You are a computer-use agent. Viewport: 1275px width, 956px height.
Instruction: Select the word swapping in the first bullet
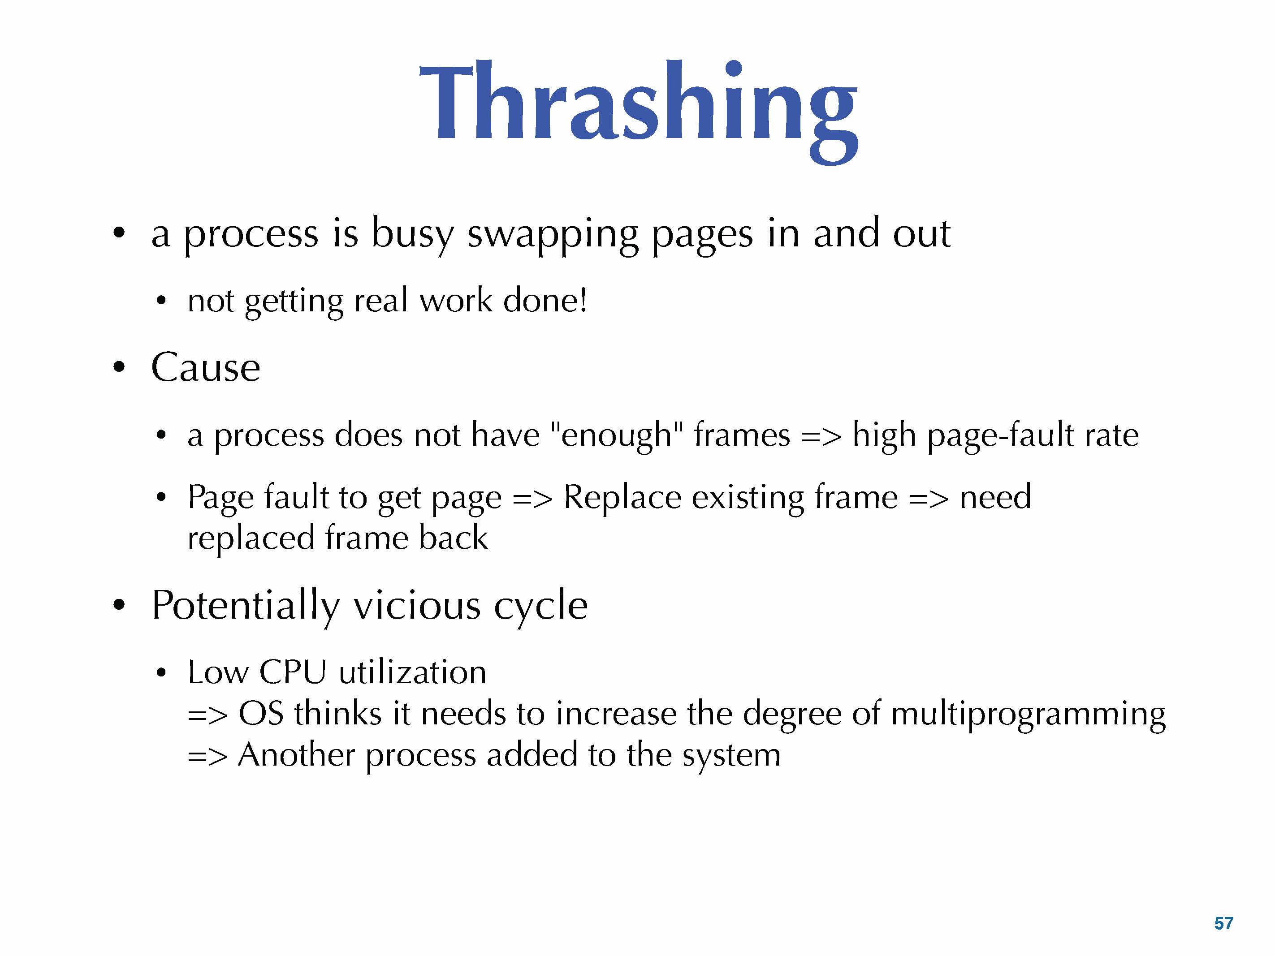click(552, 235)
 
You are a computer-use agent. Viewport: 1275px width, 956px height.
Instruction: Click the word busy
click(412, 235)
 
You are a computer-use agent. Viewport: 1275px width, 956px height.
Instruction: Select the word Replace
click(622, 497)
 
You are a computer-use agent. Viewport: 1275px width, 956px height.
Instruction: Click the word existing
click(748, 497)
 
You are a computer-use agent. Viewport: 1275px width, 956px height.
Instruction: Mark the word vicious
click(417, 606)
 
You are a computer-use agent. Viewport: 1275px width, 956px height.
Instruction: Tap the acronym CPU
click(293, 672)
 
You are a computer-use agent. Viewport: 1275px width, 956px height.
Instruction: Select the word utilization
click(413, 672)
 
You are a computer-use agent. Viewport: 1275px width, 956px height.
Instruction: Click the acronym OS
click(261, 713)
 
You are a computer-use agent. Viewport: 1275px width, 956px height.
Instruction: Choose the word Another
click(296, 755)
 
